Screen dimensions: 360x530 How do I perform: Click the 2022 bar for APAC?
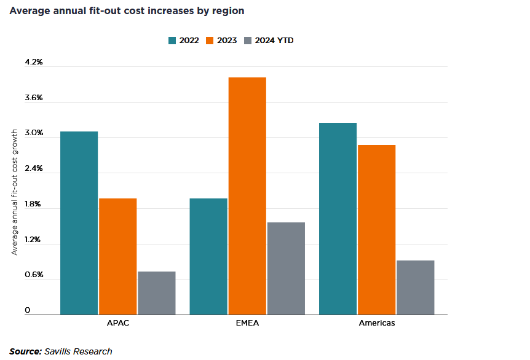[79, 223]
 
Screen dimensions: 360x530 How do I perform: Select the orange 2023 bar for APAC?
[117, 256]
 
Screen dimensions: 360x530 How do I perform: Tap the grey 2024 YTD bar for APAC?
[156, 293]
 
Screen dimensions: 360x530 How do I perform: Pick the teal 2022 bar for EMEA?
[208, 256]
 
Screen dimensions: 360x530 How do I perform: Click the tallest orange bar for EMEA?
[247, 196]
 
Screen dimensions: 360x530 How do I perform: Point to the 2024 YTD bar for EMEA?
[286, 268]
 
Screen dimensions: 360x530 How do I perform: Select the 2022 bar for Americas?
[338, 219]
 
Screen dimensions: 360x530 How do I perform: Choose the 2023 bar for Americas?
[376, 230]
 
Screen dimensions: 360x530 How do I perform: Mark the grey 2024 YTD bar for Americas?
[415, 288]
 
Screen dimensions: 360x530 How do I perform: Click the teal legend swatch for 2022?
[173, 41]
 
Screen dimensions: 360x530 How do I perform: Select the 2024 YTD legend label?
[278, 41]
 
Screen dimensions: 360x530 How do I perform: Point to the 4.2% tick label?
[34, 62]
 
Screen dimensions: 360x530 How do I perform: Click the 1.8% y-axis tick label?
[34, 204]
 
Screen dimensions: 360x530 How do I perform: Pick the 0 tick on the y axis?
[28, 310]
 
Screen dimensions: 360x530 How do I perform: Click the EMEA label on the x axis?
[247, 323]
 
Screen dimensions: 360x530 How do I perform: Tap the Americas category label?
[376, 323]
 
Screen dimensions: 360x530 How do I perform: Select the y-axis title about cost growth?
[15, 193]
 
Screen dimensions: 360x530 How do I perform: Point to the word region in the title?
[229, 11]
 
